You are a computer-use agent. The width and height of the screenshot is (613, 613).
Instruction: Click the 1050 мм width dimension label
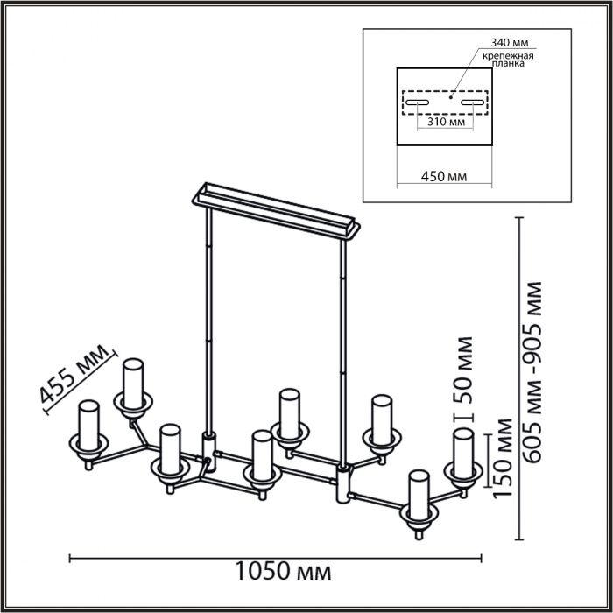284,573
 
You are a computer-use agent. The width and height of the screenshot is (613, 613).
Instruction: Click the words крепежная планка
507,59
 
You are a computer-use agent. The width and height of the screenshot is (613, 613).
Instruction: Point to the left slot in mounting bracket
417,103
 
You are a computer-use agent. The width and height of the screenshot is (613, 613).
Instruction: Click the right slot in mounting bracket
472,103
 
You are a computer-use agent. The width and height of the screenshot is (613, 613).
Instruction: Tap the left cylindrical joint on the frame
208,446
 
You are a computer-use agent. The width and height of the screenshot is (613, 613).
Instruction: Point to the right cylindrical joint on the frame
342,483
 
